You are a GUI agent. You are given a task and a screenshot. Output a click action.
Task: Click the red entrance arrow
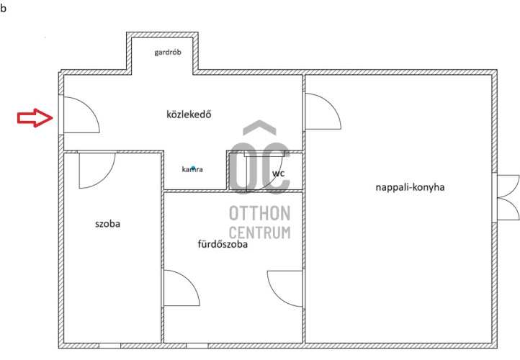click(35, 117)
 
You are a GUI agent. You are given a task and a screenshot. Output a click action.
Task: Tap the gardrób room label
click(168, 53)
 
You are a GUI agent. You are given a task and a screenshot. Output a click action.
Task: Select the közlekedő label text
click(189, 114)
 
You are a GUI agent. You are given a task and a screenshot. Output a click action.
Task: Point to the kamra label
click(192, 169)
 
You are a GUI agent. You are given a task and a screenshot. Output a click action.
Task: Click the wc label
click(278, 174)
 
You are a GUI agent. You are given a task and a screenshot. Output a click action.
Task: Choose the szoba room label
click(107, 224)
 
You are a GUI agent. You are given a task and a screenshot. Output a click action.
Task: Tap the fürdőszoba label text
click(223, 244)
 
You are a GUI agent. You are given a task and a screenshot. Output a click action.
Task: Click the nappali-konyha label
click(410, 187)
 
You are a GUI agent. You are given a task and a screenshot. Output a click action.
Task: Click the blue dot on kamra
click(193, 168)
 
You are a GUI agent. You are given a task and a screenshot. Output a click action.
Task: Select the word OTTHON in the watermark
click(260, 213)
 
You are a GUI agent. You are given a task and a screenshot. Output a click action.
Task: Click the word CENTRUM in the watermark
click(260, 233)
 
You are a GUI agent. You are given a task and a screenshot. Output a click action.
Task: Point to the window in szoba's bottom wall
click(109, 346)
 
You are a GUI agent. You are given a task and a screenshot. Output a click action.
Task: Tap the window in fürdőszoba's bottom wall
click(197, 346)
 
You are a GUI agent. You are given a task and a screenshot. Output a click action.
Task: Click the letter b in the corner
click(3, 9)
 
